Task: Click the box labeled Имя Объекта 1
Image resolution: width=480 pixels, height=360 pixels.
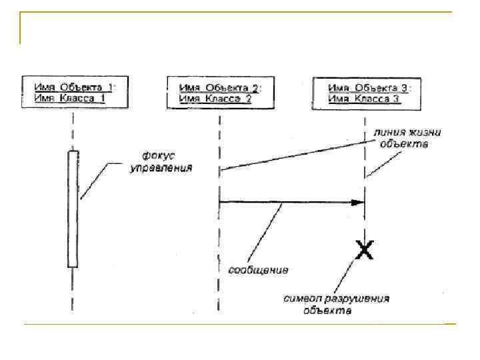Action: point(73,93)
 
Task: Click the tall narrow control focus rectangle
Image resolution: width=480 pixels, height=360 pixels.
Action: point(73,208)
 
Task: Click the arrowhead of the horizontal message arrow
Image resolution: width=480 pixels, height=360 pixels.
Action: point(360,202)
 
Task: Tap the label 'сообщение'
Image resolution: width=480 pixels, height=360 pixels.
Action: point(259,270)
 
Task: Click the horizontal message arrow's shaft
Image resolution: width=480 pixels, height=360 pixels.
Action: point(287,202)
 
